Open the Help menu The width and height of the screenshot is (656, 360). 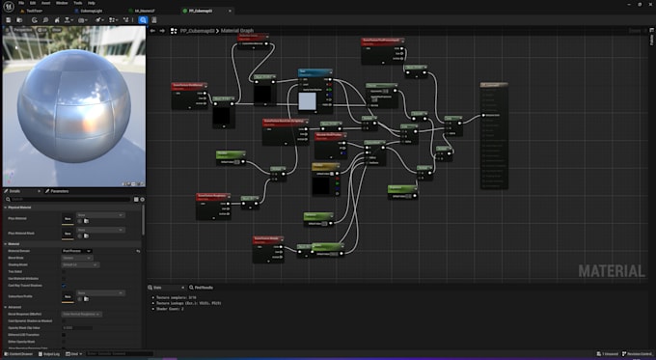(92, 3)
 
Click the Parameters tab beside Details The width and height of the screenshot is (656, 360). (53, 191)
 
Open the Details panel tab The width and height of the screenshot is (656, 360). (16, 191)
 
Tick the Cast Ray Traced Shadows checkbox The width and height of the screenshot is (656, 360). (65, 286)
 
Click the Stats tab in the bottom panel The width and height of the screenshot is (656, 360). (155, 288)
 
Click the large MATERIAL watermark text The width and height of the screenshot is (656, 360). (611, 271)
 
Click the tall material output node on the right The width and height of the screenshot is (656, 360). (493, 135)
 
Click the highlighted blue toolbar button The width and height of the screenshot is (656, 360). (143, 19)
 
